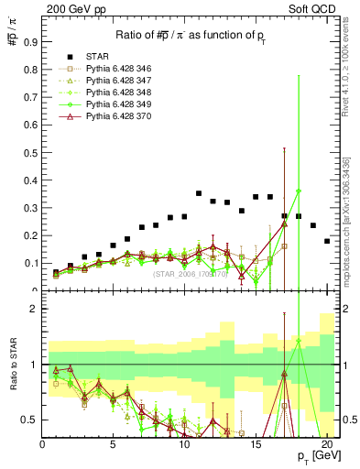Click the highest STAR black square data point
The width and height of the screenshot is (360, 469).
point(199,193)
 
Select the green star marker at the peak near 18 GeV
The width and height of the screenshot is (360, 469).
point(299,191)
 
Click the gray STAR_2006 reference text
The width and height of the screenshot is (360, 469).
point(191,273)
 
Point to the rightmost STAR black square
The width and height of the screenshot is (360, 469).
point(327,241)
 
